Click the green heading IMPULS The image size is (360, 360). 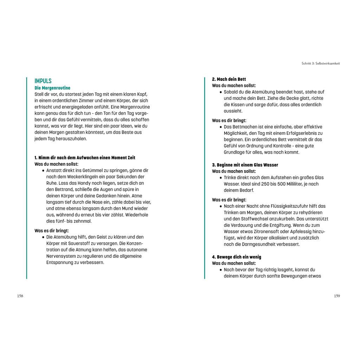[43, 81]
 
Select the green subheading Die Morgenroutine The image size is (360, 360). [52, 88]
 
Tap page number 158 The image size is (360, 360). [20, 296]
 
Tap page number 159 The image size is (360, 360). [337, 296]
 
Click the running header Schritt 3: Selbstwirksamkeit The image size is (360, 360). [321, 64]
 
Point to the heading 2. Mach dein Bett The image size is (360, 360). [229, 79]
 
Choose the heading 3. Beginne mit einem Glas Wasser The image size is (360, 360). [245, 165]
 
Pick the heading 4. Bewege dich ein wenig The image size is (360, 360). [236, 257]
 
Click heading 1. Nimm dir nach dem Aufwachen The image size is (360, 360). [85, 158]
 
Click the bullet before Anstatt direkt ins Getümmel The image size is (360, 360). [43, 171]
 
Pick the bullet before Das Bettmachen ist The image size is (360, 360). [221, 127]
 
